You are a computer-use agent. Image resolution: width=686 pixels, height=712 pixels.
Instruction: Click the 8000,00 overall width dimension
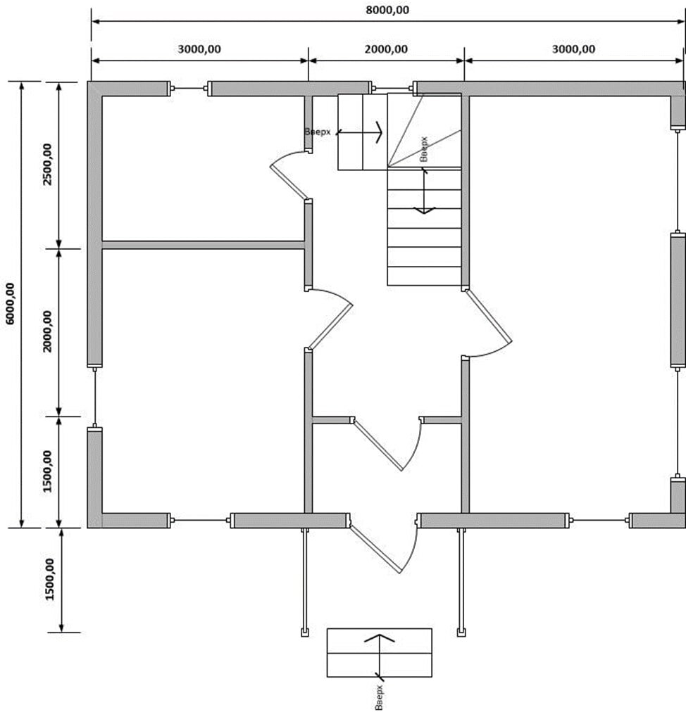tap(387, 10)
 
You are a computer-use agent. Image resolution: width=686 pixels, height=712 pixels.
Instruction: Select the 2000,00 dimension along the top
tap(386, 49)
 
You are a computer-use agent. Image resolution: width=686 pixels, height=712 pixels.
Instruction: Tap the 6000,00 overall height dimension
tap(10, 303)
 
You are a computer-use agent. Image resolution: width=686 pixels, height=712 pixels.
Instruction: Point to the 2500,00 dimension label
tap(47, 165)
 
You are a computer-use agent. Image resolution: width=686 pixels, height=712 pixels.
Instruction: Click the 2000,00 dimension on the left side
tap(47, 331)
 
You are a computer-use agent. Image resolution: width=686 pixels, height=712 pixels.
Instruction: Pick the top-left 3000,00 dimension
tap(199, 49)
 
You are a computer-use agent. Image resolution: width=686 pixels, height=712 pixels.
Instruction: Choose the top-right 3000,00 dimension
tap(573, 49)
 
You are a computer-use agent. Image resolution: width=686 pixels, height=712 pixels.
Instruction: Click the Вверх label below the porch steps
tap(379, 697)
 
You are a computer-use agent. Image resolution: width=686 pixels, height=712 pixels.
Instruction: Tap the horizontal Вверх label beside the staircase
tap(318, 132)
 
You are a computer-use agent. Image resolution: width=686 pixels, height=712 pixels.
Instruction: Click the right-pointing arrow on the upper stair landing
tap(359, 132)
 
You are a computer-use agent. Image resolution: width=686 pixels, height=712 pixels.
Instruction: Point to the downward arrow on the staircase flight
tap(424, 191)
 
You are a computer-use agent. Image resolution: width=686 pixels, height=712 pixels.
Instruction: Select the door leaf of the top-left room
tap(288, 182)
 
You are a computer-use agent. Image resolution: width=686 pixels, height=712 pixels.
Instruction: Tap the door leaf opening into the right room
tap(488, 316)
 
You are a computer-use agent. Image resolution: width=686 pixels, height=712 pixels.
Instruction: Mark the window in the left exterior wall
tap(94, 398)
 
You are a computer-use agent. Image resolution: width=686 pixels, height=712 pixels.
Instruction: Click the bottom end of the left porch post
tap(305, 632)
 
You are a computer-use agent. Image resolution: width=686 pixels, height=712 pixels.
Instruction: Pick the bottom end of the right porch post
tap(461, 632)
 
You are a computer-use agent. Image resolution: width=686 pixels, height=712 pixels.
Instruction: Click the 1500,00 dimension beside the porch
tap(49, 580)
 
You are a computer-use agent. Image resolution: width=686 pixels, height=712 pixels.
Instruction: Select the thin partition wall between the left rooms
tap(203, 246)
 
